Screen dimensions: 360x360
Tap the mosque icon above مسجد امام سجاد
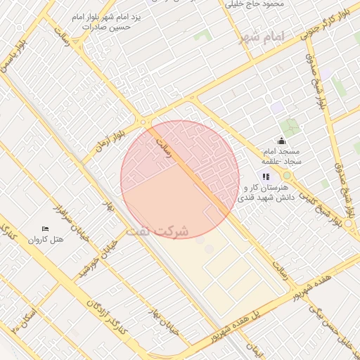coord(282,140)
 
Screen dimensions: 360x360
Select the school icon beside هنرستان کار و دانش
coord(266,176)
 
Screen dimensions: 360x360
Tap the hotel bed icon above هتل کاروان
coord(46,229)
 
